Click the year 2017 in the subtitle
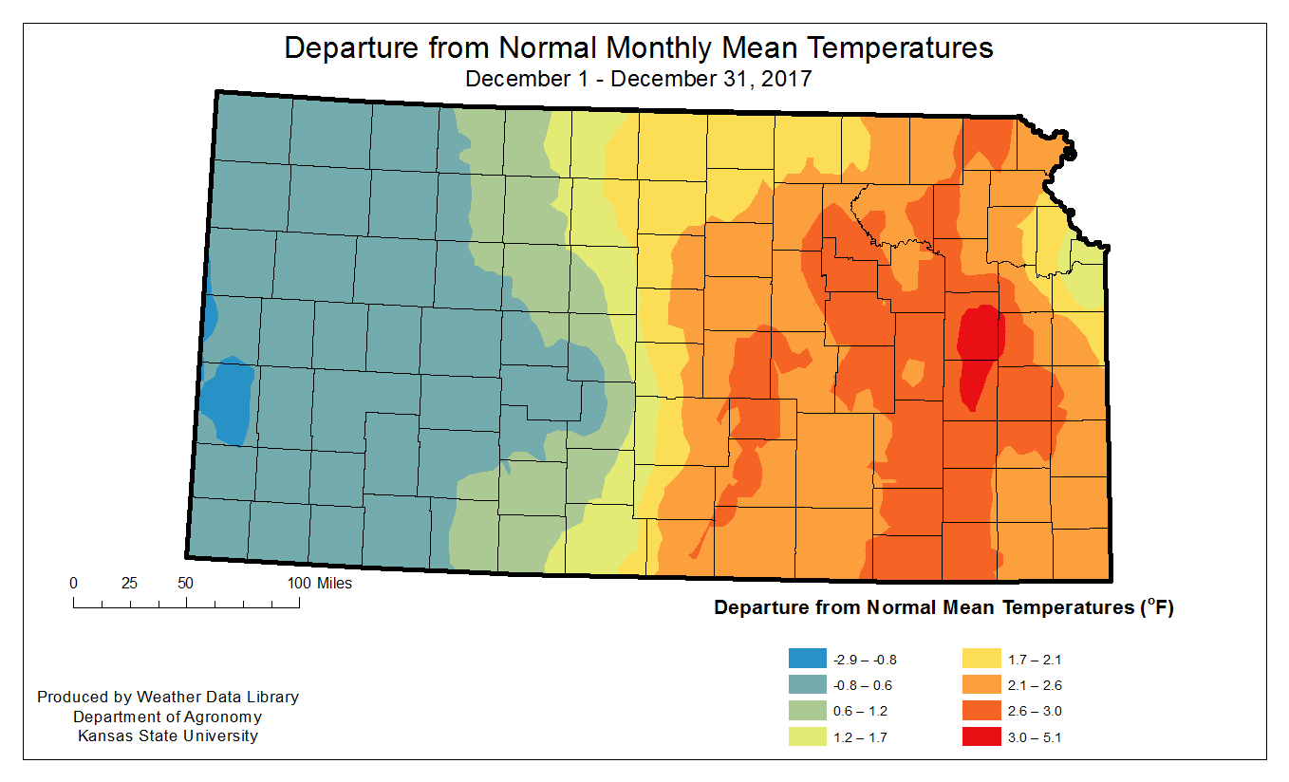[x=786, y=78]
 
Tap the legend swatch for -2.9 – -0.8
[x=807, y=659]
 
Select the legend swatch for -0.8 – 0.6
[x=807, y=684]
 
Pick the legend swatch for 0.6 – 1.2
[x=807, y=710]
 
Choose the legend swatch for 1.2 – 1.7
[x=807, y=736]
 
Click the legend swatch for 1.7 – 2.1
[x=981, y=659]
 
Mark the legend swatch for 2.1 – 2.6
[x=981, y=684]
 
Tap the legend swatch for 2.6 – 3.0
[x=981, y=710]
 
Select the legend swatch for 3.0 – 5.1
[x=981, y=736]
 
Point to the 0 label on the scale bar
[x=74, y=583]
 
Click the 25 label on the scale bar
[x=130, y=583]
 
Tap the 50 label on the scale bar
[x=186, y=583]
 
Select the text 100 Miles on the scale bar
[x=319, y=583]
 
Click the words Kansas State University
[x=168, y=735]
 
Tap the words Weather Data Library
[x=217, y=697]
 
